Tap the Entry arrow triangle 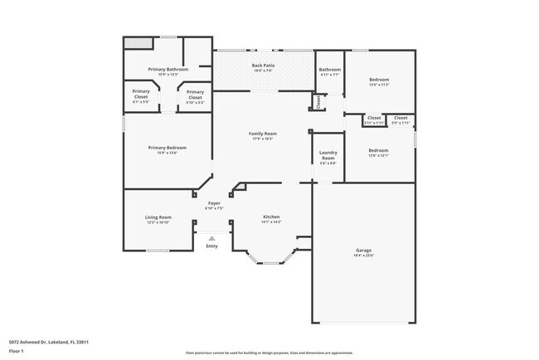[x=211, y=238]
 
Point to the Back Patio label [x=263, y=65]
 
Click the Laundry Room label [x=328, y=156]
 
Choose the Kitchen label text [x=271, y=216]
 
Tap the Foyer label [x=214, y=202]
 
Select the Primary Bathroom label [x=168, y=69]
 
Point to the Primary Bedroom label [x=168, y=148]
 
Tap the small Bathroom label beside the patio [x=329, y=70]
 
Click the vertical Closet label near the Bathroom [x=318, y=102]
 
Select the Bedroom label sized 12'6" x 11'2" [x=380, y=80]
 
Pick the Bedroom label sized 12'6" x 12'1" [x=380, y=150]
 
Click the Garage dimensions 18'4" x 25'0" [x=363, y=255]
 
